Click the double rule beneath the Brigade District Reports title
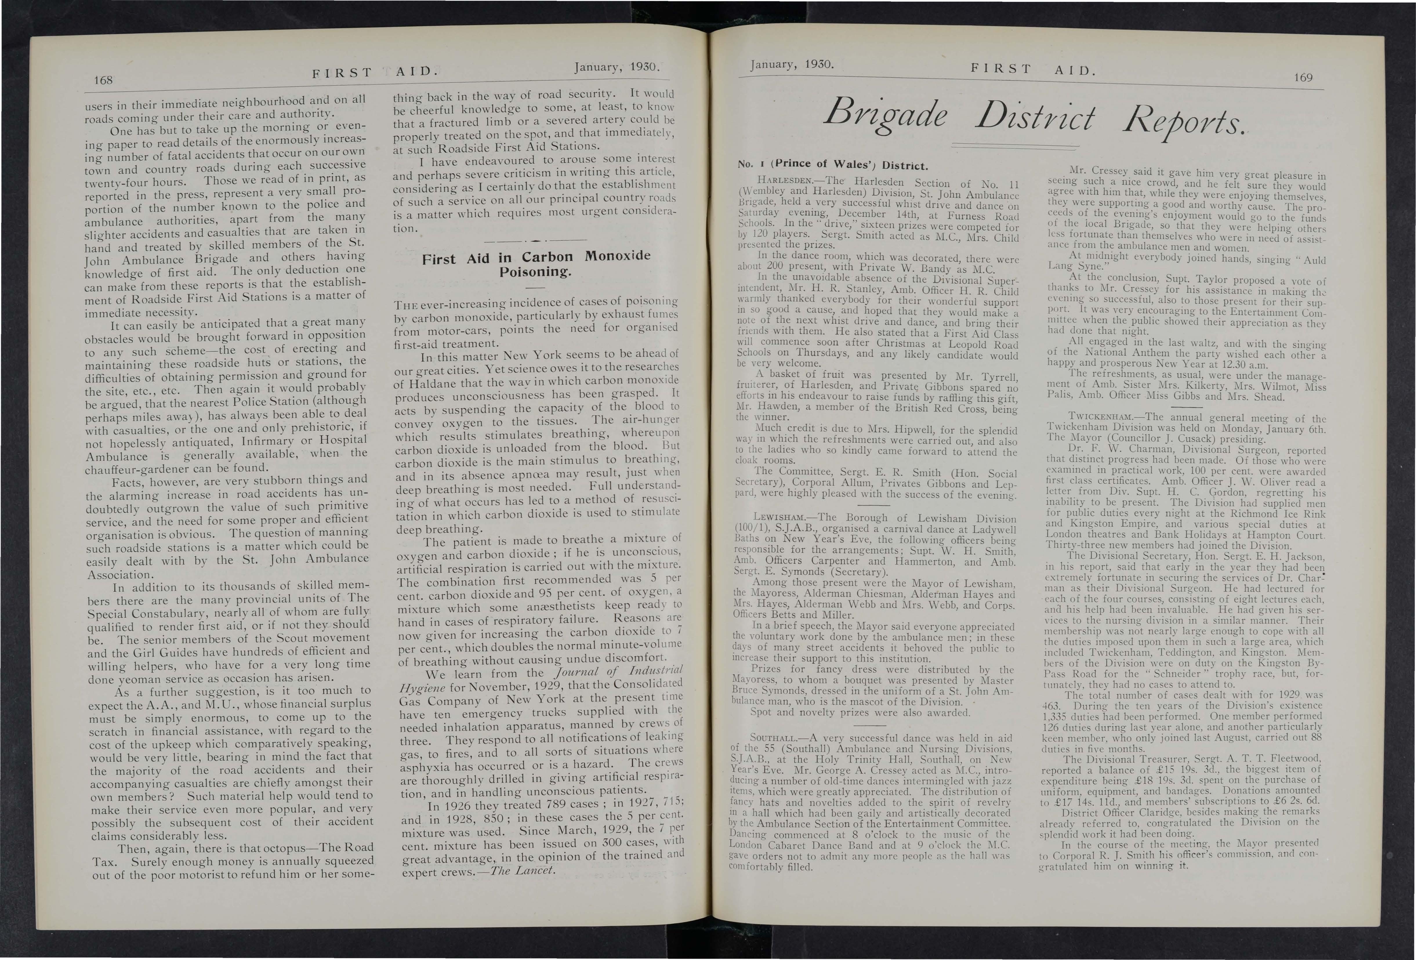[1013, 146]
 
